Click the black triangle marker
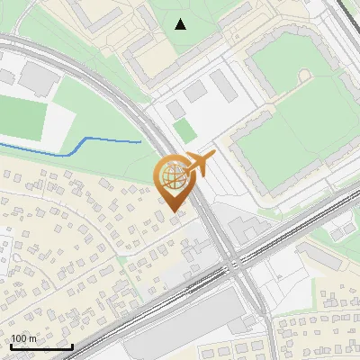point(181,24)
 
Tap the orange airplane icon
point(200,164)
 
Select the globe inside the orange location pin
point(172,175)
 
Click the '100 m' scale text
point(24,338)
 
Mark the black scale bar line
point(41,347)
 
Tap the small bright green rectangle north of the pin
point(184,130)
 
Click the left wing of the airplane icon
point(199,157)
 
